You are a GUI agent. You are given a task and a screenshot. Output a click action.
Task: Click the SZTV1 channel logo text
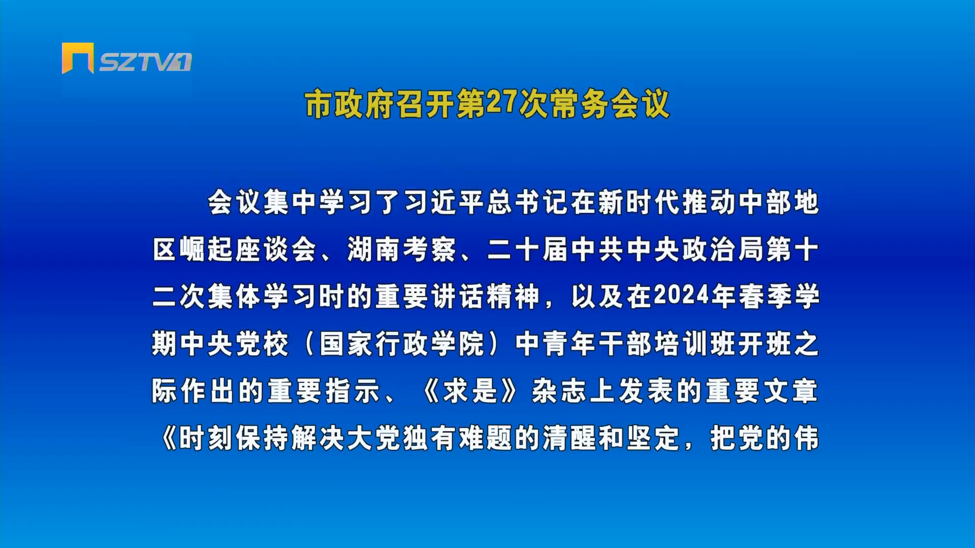(145, 62)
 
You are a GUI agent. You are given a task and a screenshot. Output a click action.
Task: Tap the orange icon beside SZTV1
(78, 58)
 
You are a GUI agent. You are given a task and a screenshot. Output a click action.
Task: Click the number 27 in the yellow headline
(501, 102)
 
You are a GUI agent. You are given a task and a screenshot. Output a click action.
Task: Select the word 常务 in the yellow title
(579, 105)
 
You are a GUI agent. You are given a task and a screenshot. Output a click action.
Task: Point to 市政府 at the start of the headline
(349, 105)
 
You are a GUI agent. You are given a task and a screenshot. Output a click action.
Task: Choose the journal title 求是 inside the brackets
(470, 391)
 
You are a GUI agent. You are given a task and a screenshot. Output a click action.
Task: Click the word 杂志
(559, 391)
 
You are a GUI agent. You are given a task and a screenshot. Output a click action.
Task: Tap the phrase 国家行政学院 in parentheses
(402, 344)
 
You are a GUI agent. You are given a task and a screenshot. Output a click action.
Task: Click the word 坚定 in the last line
(653, 438)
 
